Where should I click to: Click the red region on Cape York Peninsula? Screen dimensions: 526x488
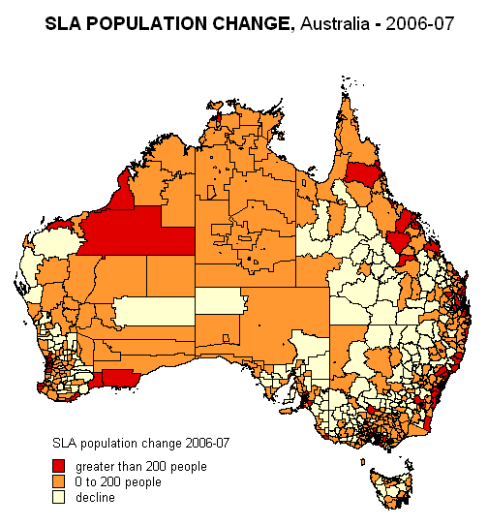[362, 173]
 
